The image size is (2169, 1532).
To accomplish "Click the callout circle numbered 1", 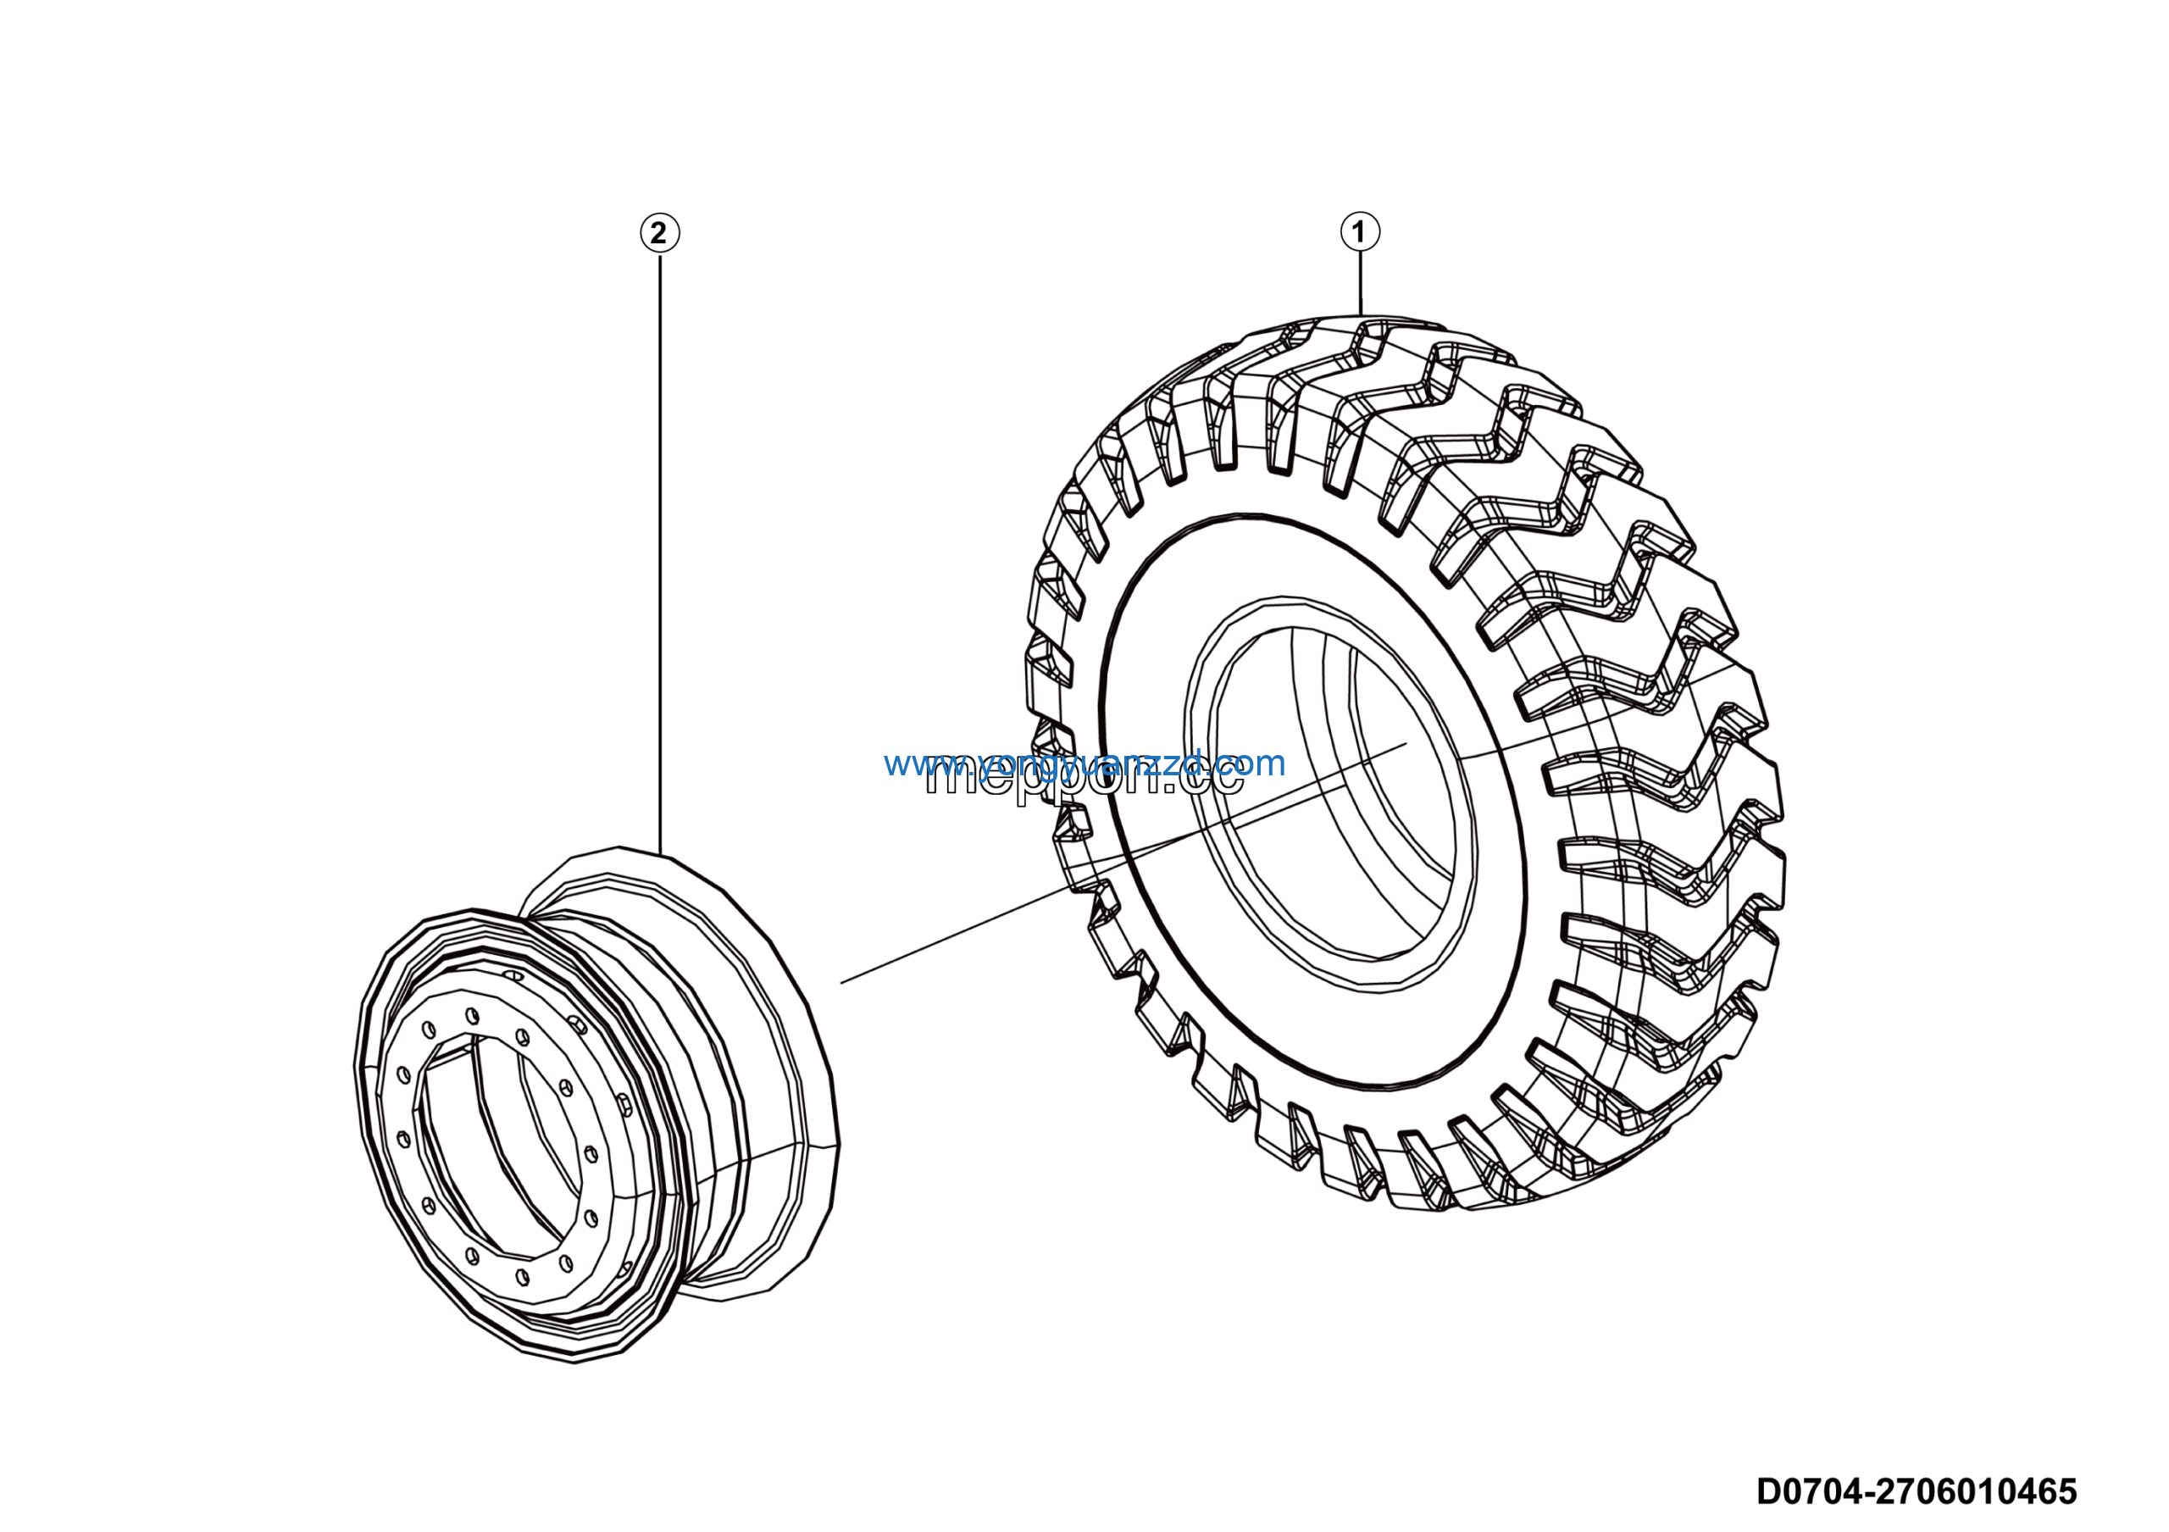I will [1359, 231].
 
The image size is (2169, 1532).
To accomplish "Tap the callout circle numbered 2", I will [659, 232].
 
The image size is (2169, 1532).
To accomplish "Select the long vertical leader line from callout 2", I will [659, 548].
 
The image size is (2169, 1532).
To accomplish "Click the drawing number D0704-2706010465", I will [1916, 1491].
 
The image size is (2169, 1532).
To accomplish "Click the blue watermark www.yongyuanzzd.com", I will [1084, 763].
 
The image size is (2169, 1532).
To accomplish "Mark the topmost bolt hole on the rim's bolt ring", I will [472, 1015].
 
